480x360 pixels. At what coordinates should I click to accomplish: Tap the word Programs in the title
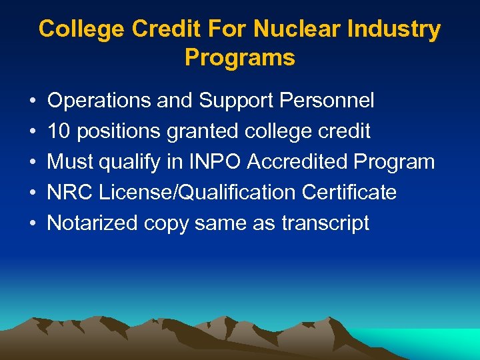click(240, 58)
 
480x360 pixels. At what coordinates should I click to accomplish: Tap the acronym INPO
click(217, 162)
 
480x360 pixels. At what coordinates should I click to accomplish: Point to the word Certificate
click(349, 193)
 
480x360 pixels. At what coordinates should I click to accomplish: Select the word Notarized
click(93, 223)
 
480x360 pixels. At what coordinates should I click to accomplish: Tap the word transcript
click(325, 223)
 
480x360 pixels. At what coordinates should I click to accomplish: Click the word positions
click(119, 132)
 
